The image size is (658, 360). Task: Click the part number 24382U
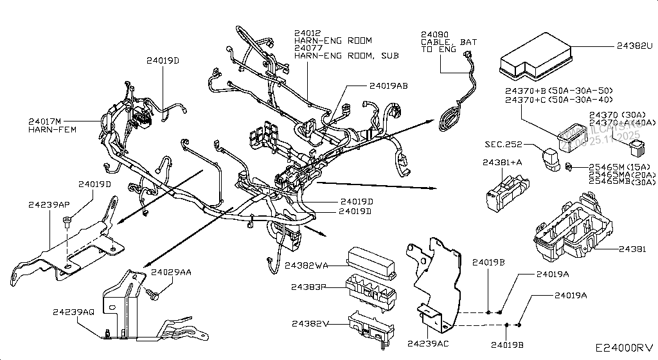(634, 46)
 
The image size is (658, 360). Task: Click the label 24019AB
(389, 85)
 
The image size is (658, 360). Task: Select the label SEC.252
(503, 145)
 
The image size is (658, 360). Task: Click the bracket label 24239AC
(427, 343)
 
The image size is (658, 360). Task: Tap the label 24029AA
(171, 273)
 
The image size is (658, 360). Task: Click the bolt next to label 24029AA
(152, 295)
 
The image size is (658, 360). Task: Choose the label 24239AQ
(73, 312)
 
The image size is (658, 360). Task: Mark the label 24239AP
(49, 204)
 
